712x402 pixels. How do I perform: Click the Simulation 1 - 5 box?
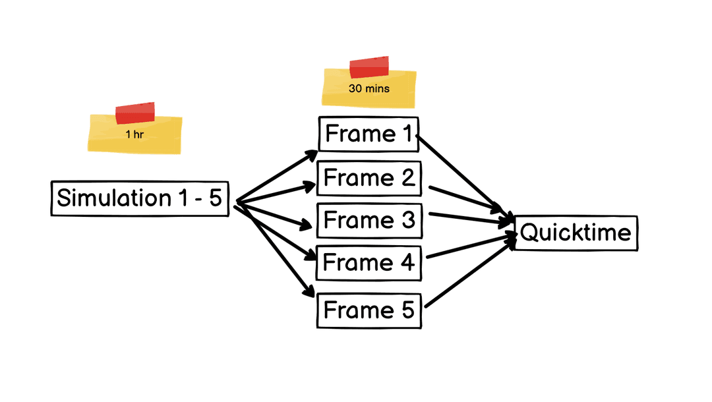point(140,198)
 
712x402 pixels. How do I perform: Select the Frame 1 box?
point(369,134)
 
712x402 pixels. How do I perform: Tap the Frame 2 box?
point(369,178)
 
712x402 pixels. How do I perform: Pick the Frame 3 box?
point(369,221)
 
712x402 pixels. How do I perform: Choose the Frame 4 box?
point(369,263)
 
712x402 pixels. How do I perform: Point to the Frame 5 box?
point(369,311)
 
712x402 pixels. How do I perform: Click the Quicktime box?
point(576,233)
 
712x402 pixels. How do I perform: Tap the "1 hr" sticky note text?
point(134,134)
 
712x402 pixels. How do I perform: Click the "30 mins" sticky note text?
point(369,88)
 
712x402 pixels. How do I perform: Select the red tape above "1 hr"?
point(135,113)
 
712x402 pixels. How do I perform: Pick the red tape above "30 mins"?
point(369,67)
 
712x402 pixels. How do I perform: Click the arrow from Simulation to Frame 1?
point(277,176)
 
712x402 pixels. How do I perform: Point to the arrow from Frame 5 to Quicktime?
point(471,273)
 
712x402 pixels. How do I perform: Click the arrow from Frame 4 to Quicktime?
point(472,245)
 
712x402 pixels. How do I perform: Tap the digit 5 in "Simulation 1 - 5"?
point(215,198)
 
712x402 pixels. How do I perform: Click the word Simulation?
point(114,198)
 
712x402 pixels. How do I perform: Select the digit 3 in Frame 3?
point(408,220)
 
